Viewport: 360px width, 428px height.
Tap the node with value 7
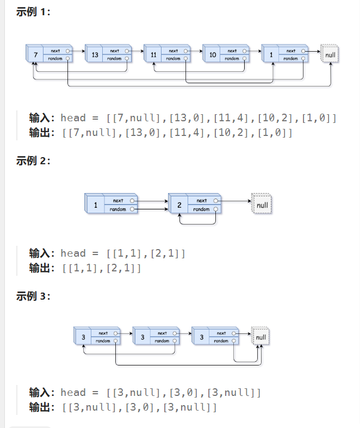coord(35,55)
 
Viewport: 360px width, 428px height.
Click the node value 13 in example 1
coord(95,55)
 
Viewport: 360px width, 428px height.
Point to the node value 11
coord(153,55)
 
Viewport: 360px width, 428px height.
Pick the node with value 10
coord(212,55)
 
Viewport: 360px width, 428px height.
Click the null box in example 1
coord(330,55)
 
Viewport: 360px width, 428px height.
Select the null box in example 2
coord(262,205)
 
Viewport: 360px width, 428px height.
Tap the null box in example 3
coord(261,337)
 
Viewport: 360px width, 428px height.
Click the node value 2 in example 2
coord(179,205)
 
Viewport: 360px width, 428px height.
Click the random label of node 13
coord(114,59)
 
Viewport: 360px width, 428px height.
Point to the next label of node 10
coord(232,51)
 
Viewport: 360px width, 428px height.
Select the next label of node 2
coord(202,201)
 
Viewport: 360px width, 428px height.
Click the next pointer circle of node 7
coord(68,51)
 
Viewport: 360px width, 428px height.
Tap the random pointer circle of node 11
coord(186,59)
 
